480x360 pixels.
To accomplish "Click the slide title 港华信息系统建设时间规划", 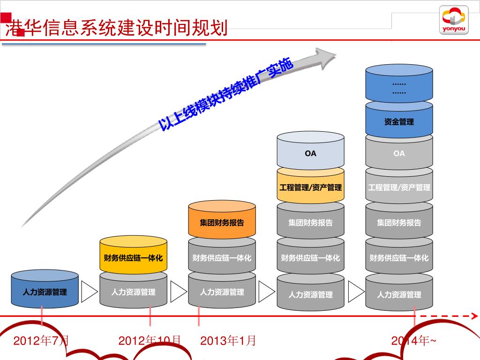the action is click(116, 28).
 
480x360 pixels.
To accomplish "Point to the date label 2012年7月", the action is click(41, 341).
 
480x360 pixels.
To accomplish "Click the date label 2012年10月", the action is click(150, 341).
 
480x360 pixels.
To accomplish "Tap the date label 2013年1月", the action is click(228, 341).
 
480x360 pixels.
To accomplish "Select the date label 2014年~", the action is click(413, 341).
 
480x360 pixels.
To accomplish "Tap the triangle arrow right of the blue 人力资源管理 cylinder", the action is click(89, 292).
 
